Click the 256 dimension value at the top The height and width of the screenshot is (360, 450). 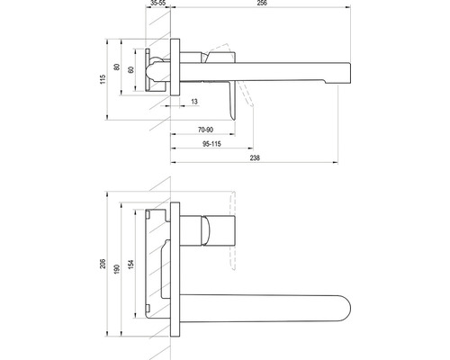click(x=262, y=3)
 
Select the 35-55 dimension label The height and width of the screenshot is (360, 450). click(x=158, y=3)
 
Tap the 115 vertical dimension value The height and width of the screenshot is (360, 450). click(x=103, y=79)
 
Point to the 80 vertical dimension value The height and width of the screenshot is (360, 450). click(x=117, y=67)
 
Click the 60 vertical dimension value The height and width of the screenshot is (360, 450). click(x=130, y=70)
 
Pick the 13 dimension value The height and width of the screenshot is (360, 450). click(x=194, y=102)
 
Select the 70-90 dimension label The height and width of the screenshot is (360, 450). click(x=205, y=130)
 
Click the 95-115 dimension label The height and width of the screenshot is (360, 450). click(x=211, y=144)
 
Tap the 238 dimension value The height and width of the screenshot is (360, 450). click(x=255, y=157)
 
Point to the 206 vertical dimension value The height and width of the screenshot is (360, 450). click(x=103, y=264)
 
